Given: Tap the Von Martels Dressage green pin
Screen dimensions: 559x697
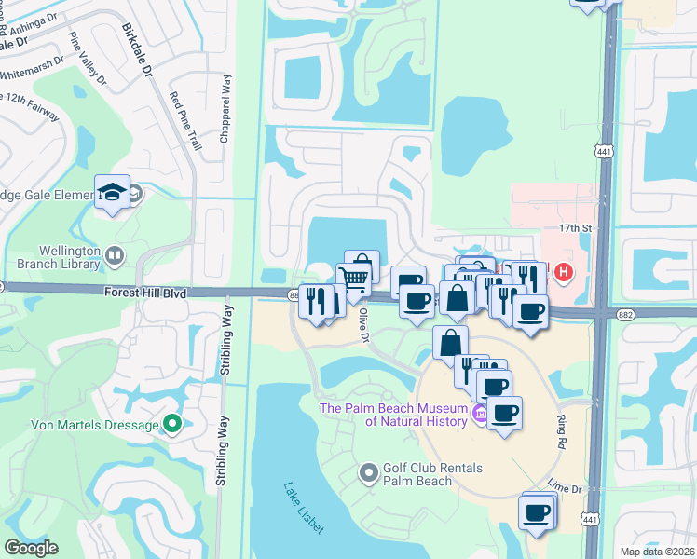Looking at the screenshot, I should pos(171,425).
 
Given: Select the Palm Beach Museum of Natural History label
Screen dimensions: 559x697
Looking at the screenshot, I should pos(392,415).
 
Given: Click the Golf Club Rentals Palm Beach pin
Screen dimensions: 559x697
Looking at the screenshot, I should pos(369,474).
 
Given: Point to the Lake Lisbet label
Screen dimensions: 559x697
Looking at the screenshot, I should pos(304,508).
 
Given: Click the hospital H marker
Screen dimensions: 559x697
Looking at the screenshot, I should pos(563,273).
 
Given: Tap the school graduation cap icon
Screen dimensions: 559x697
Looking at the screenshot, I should pos(112,191).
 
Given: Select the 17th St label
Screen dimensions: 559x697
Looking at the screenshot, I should pos(569,226).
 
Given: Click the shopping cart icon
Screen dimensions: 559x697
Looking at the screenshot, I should pos(353,277).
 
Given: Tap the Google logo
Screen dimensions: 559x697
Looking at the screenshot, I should pos(31,548).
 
